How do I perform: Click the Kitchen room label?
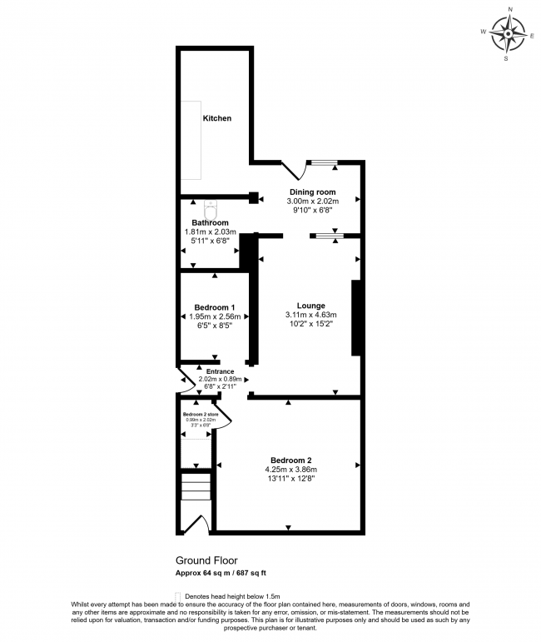[217, 119]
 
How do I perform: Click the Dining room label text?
[312, 192]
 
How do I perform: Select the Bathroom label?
[210, 223]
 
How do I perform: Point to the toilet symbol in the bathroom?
[211, 204]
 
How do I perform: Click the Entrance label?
[221, 371]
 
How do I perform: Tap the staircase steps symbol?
[197, 487]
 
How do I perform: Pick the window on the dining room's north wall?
[322, 163]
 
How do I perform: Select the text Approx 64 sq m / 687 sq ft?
[220, 573]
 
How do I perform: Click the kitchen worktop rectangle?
[193, 140]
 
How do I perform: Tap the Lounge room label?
[311, 306]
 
